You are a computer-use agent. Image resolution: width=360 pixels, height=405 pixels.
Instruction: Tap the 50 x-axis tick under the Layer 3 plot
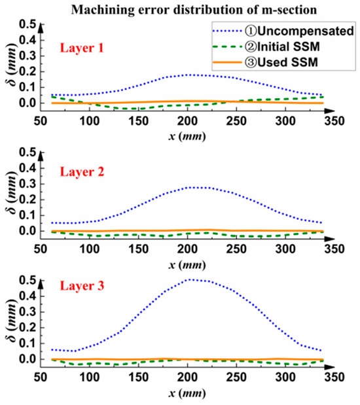pos(41,376)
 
